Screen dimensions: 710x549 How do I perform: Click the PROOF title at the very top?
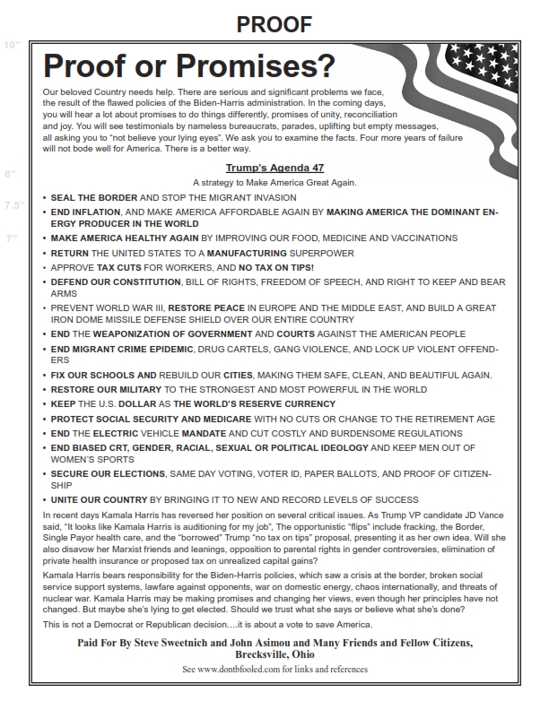[x=274, y=26]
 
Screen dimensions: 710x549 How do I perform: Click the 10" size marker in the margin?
[x=12, y=45]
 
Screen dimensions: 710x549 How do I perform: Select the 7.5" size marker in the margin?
[x=13, y=204]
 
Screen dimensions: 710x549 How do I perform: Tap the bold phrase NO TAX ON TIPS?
[x=276, y=267]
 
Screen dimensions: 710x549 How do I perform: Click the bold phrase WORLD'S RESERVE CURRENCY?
[x=248, y=403]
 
